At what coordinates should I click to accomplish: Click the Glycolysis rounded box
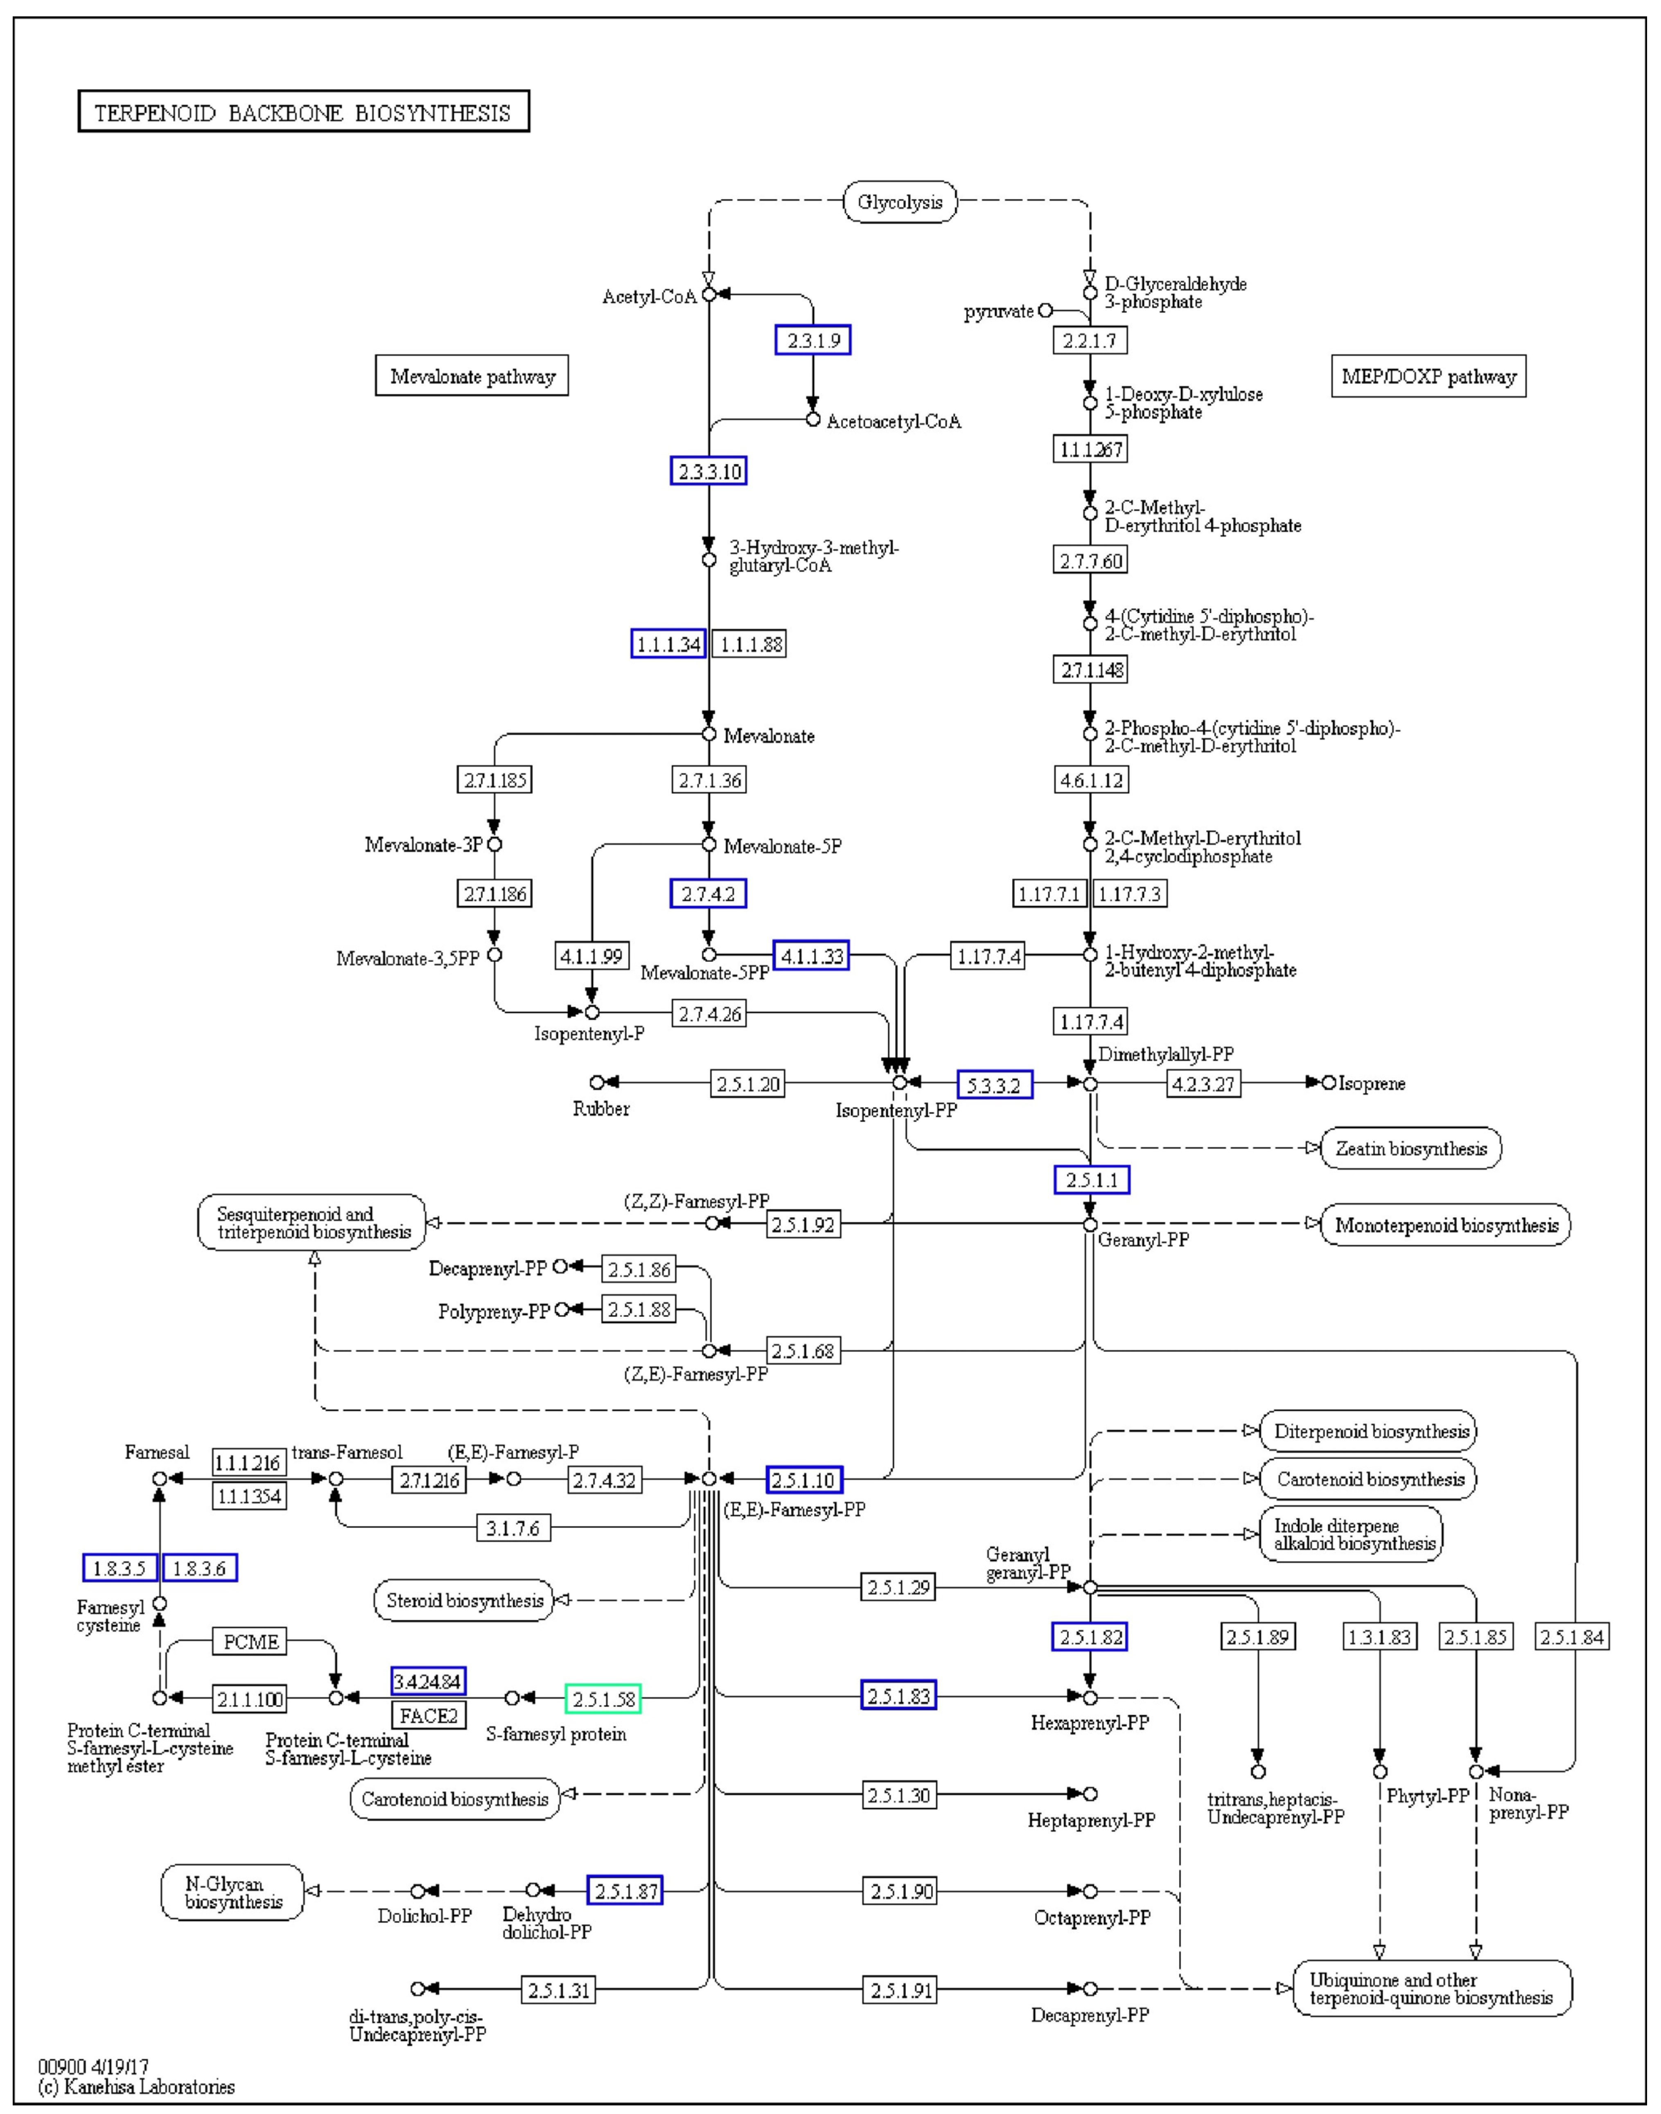[x=900, y=202]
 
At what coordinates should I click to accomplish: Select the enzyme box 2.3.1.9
[x=813, y=341]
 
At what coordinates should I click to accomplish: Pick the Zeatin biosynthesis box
[x=1411, y=1148]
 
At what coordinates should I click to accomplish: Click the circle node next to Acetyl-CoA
[x=709, y=293]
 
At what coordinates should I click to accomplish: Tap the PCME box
[x=251, y=1642]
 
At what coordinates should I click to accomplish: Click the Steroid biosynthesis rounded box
[x=464, y=1601]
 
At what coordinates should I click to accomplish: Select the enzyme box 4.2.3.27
[x=1204, y=1083]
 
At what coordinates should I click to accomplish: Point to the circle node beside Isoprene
[x=1328, y=1082]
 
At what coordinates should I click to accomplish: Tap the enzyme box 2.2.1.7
[x=1090, y=341]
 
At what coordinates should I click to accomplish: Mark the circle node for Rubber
[x=597, y=1082]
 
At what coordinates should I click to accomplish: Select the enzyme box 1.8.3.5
[x=120, y=1568]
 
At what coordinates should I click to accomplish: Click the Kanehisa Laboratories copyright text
[x=136, y=2087]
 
